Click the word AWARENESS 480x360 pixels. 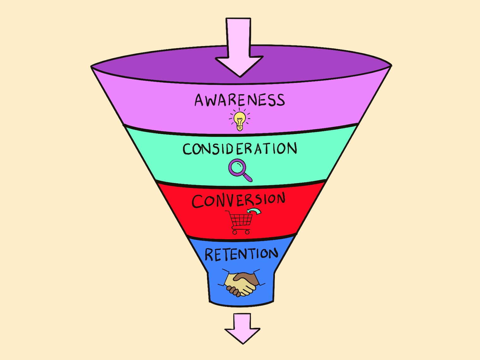(x=240, y=100)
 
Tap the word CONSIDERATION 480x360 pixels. (x=240, y=149)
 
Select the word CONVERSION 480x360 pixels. (x=239, y=200)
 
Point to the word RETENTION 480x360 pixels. (x=241, y=254)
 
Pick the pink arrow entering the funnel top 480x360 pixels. (x=239, y=47)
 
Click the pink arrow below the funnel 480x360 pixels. (x=242, y=328)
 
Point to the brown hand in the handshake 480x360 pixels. (x=248, y=278)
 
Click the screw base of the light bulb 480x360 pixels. (x=240, y=128)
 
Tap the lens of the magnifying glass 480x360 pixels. (x=237, y=167)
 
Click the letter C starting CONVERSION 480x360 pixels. (x=198, y=202)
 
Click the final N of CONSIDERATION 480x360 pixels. (x=292, y=148)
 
